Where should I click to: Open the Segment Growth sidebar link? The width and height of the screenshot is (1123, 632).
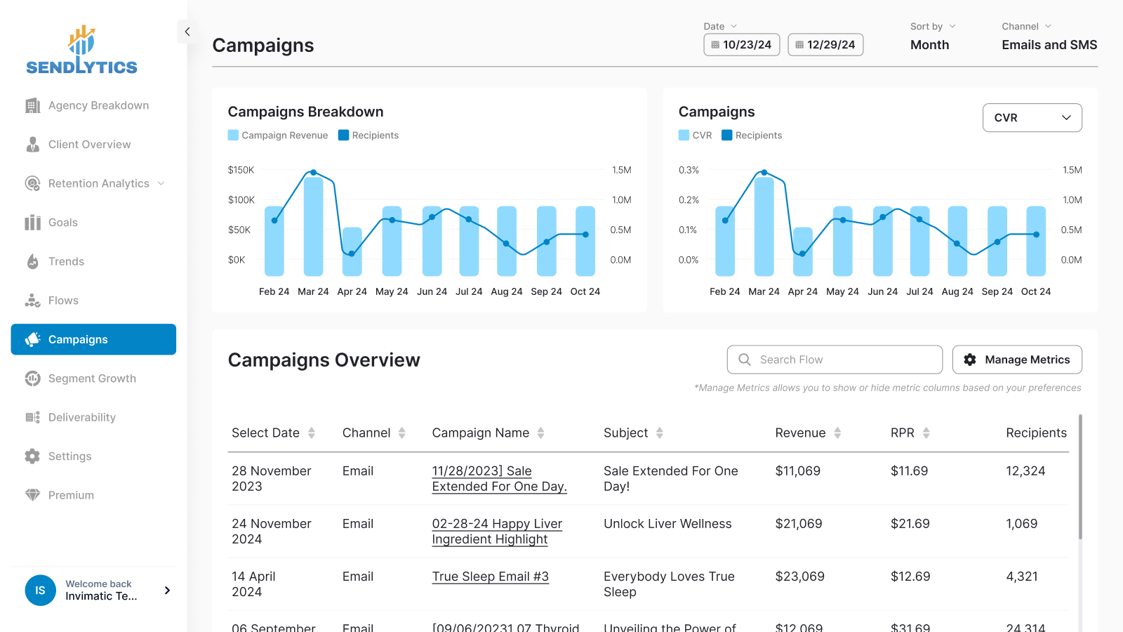92,378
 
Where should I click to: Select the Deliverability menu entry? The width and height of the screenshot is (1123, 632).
81,417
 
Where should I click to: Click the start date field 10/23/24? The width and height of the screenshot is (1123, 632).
742,44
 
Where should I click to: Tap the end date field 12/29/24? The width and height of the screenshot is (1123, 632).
825,44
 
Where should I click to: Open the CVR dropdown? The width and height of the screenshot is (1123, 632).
1032,117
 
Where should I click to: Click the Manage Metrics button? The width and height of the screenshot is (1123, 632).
1017,360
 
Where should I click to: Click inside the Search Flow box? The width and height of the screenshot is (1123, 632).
835,360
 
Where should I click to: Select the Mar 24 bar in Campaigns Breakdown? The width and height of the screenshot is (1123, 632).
313,226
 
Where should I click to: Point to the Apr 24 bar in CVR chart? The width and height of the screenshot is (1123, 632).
803,251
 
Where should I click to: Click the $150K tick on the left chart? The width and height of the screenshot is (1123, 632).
241,170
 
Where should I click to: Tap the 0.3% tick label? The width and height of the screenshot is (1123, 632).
689,170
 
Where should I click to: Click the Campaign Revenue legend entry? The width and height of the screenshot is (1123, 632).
278,136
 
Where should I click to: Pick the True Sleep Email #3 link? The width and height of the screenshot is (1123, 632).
490,577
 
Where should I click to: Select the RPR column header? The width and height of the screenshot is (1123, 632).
903,433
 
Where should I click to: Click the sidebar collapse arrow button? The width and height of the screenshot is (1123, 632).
187,32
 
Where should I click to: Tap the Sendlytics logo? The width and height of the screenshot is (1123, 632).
81,51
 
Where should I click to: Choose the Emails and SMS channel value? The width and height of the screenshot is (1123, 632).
1049,45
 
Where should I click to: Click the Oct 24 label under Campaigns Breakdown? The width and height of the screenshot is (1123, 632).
585,291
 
